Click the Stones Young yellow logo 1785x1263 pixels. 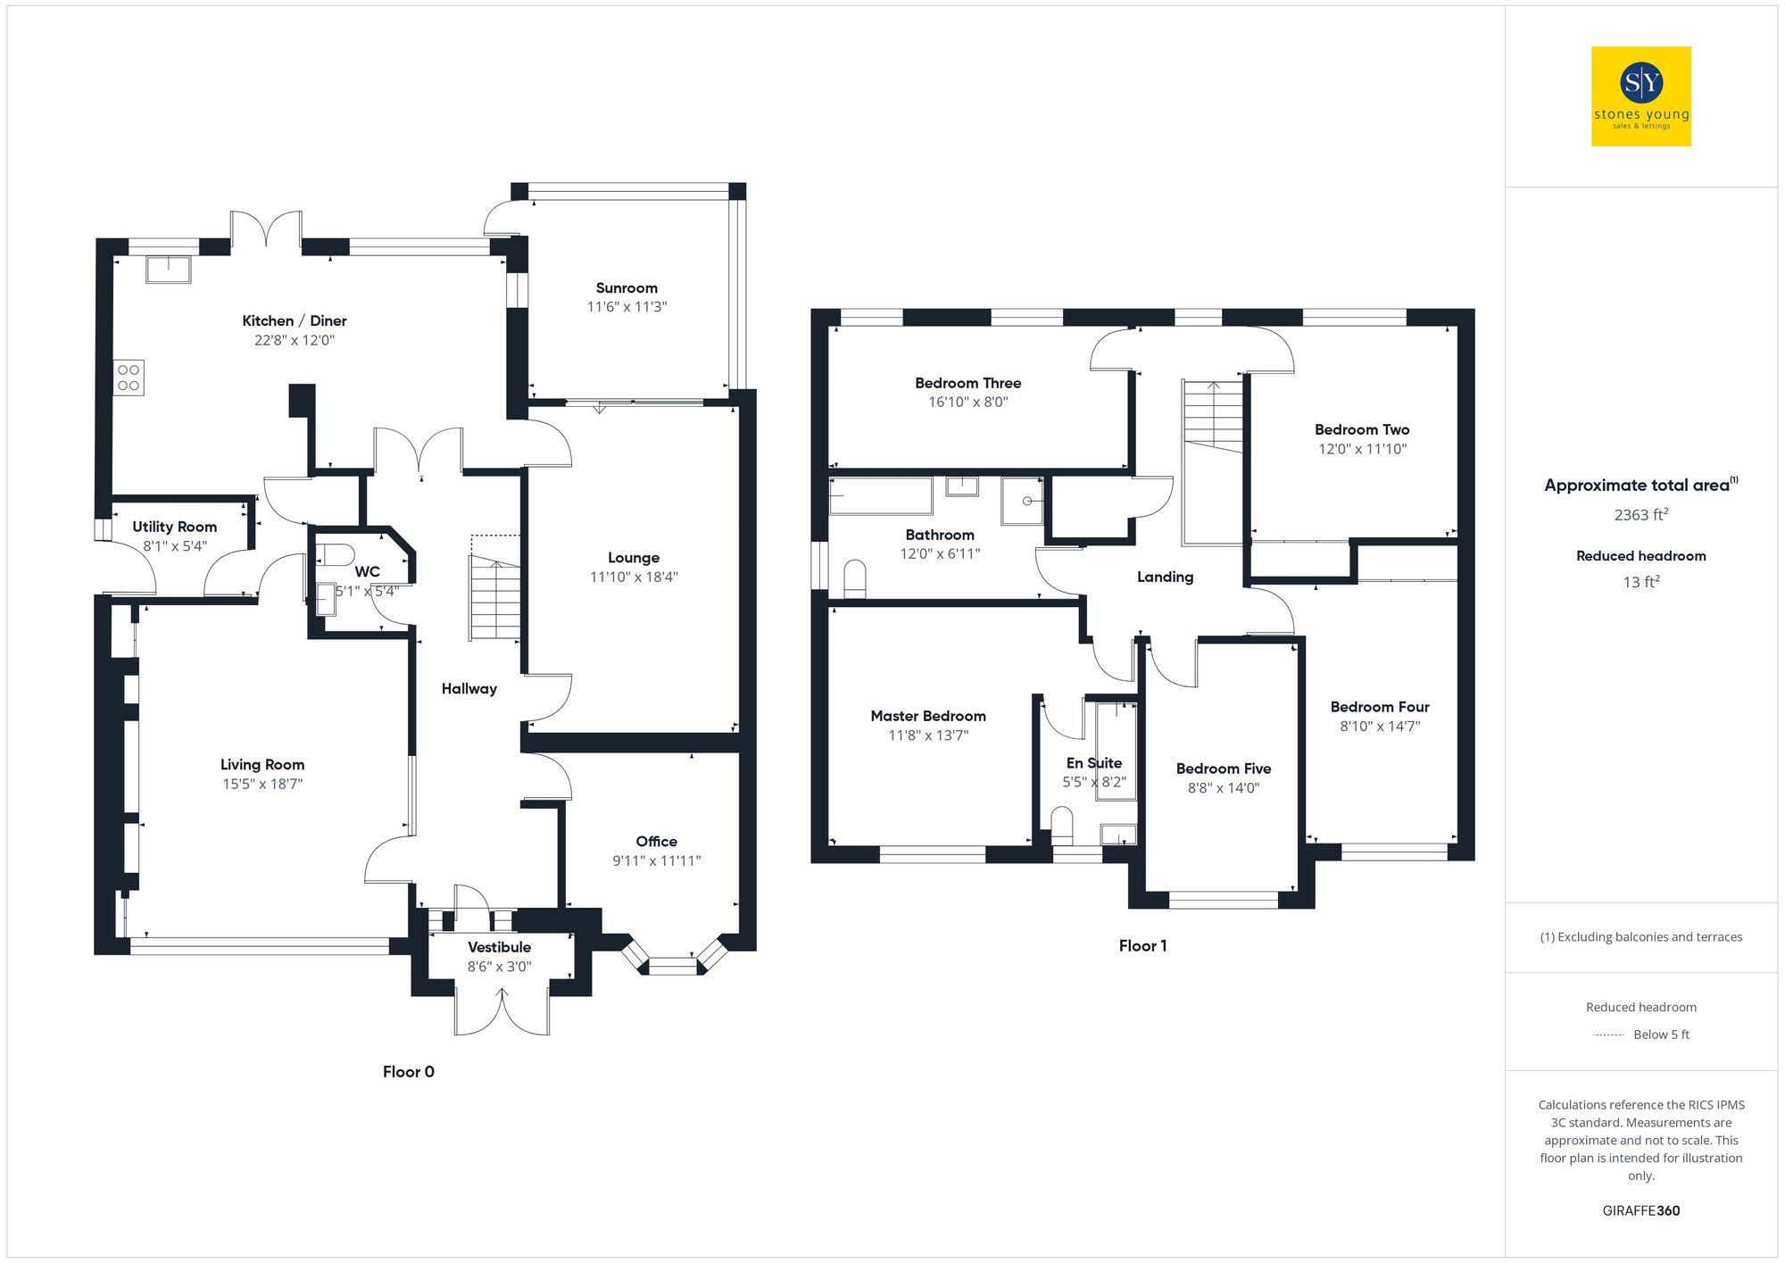click(x=1640, y=96)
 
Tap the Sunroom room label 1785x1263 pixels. click(x=627, y=287)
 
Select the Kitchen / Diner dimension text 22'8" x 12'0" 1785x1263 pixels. click(x=295, y=340)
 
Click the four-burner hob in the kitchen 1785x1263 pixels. click(x=129, y=378)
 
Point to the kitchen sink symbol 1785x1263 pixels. click(x=169, y=269)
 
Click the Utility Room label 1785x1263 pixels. click(x=175, y=527)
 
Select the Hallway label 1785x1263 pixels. click(x=469, y=688)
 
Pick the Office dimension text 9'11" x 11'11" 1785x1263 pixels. click(x=656, y=860)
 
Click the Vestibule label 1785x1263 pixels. click(x=499, y=947)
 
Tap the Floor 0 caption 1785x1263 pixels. click(x=408, y=1071)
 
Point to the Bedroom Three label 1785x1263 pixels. click(x=967, y=383)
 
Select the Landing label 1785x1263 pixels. click(x=1165, y=577)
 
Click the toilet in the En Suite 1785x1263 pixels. click(x=1062, y=825)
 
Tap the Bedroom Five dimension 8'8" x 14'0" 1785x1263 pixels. click(x=1223, y=787)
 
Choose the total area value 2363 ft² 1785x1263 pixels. click(x=1640, y=514)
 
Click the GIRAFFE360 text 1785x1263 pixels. click(x=1640, y=1210)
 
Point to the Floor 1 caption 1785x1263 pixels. click(x=1142, y=945)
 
